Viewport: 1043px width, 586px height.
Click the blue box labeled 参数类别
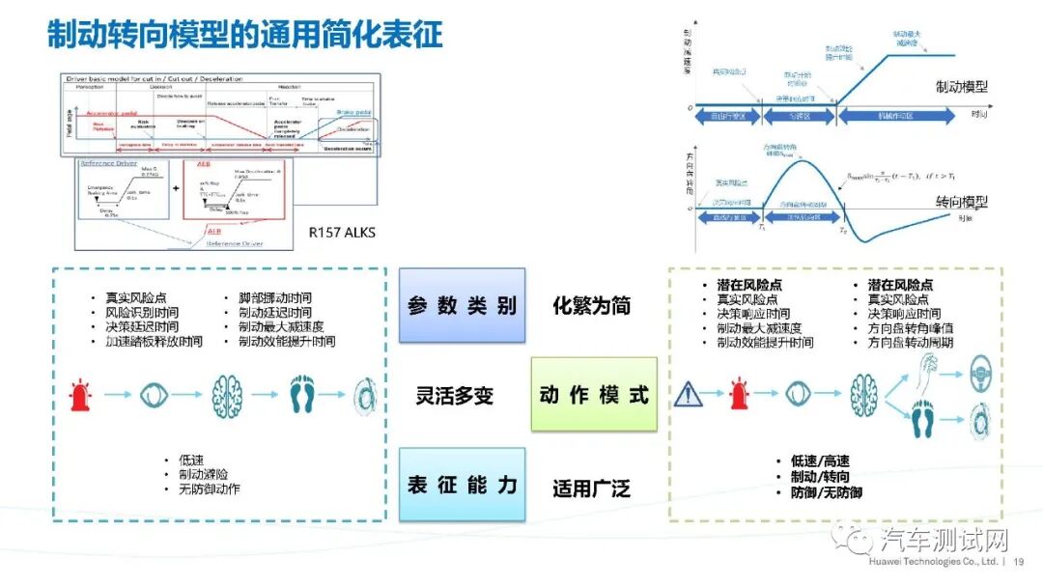pos(462,306)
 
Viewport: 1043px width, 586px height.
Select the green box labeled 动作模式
pos(594,395)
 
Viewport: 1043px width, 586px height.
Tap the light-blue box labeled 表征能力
pos(462,485)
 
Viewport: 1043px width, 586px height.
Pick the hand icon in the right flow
pos(929,371)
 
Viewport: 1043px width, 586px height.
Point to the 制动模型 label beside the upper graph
pos(962,86)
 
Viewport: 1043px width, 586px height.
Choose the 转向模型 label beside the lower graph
pos(962,201)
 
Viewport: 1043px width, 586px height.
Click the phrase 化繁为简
pos(591,306)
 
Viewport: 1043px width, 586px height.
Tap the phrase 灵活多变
pos(455,396)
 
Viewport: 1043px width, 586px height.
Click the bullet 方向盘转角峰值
pos(911,328)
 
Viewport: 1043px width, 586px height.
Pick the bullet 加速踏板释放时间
pos(154,342)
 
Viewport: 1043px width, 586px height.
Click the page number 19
pos(1020,561)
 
